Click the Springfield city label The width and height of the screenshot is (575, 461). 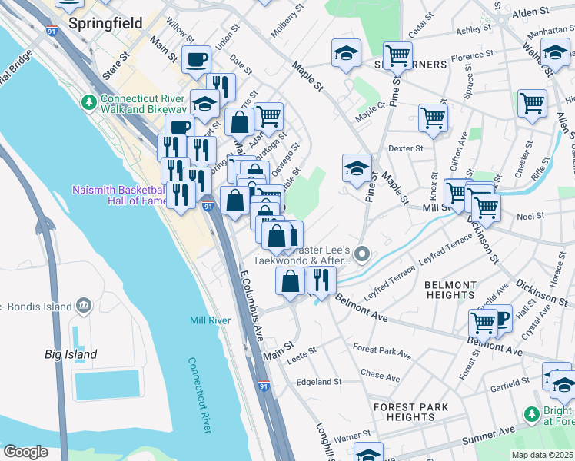click(105, 23)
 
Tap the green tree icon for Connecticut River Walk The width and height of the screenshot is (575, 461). click(90, 102)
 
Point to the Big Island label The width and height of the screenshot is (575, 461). click(71, 354)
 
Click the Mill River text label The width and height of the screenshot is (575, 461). click(210, 320)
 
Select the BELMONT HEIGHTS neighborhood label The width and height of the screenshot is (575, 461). click(450, 290)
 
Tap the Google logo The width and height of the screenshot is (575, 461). click(25, 452)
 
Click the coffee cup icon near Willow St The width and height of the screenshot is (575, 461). click(196, 58)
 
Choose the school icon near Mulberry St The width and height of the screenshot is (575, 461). click(346, 53)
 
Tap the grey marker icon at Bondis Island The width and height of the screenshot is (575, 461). click(85, 307)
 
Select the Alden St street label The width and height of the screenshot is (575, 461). click(530, 13)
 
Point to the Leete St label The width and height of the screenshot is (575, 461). click(301, 351)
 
